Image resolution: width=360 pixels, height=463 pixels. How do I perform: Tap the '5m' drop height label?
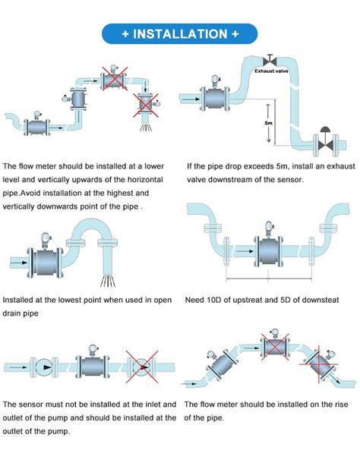point(269,122)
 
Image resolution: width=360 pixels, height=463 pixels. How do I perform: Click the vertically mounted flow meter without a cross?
point(76,98)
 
